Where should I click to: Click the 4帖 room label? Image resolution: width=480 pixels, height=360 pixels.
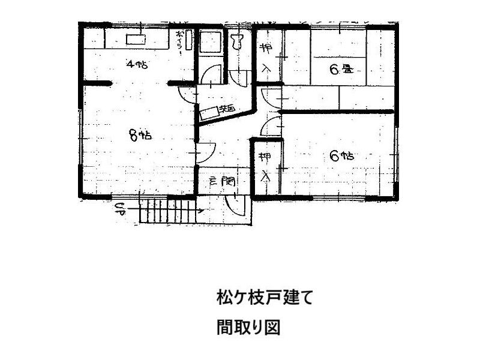point(137,64)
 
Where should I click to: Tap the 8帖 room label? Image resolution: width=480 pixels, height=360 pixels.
point(140,135)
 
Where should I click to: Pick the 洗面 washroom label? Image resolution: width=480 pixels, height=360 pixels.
point(227,109)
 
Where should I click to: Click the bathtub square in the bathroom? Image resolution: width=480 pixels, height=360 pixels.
point(209,43)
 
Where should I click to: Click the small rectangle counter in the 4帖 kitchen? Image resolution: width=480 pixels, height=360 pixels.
point(135,40)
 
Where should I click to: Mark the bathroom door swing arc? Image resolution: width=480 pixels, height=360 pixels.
point(210,74)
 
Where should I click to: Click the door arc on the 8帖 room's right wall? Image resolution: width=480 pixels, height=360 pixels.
point(205,153)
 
